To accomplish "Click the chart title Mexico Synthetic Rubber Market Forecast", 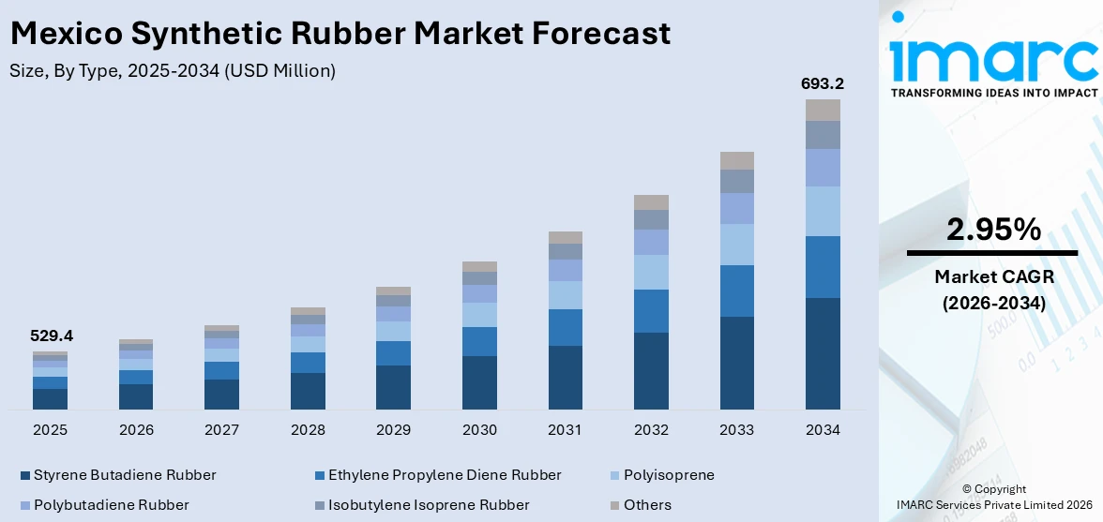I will [x=340, y=34].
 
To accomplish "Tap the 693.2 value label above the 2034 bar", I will [x=822, y=83].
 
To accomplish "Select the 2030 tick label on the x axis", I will [x=479, y=430].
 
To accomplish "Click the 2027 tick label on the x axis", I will [x=221, y=430].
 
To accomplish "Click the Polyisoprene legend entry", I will [x=668, y=475].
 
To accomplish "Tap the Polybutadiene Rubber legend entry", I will [x=111, y=505].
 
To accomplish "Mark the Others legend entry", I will [x=646, y=505].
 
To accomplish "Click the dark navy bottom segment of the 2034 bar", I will [x=823, y=353].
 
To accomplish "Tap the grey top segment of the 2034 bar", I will [x=823, y=110].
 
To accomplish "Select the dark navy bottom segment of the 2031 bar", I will [x=565, y=378].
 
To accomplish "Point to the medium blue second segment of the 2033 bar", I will [x=736, y=291].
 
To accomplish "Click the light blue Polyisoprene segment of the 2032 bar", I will [x=651, y=272].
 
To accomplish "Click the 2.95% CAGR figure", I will [x=992, y=230].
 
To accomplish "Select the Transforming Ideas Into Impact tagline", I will [x=993, y=93].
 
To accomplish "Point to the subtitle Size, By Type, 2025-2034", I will [x=172, y=70].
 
